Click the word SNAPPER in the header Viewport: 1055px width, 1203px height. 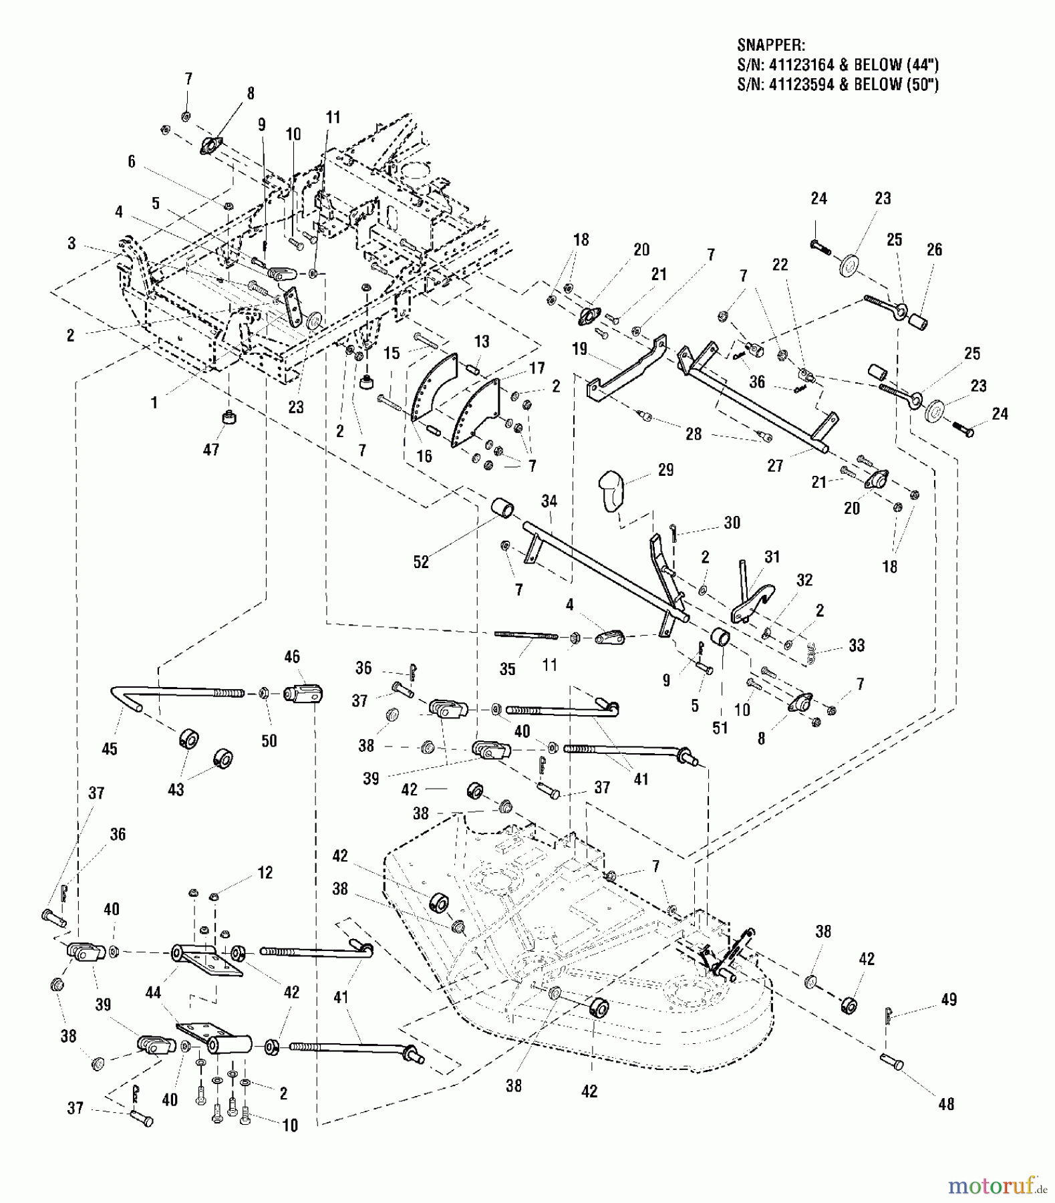coord(770,45)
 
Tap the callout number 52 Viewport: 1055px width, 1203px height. coord(420,562)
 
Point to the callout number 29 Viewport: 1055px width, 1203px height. coord(665,470)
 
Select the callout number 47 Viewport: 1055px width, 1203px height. coord(211,450)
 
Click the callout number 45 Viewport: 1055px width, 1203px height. coord(110,749)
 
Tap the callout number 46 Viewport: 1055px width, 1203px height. coord(292,657)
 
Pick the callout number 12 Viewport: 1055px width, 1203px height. coord(265,873)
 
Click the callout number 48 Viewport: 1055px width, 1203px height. coord(946,1105)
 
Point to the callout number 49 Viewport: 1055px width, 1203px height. coord(948,1000)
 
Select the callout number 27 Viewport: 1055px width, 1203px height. coord(775,465)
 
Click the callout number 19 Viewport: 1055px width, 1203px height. coord(579,348)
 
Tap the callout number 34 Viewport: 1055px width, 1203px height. coord(549,501)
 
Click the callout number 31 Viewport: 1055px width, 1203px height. coord(772,557)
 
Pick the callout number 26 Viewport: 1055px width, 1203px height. coord(934,249)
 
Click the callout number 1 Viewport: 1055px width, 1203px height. coord(154,403)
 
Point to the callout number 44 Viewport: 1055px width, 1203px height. coord(153,993)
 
